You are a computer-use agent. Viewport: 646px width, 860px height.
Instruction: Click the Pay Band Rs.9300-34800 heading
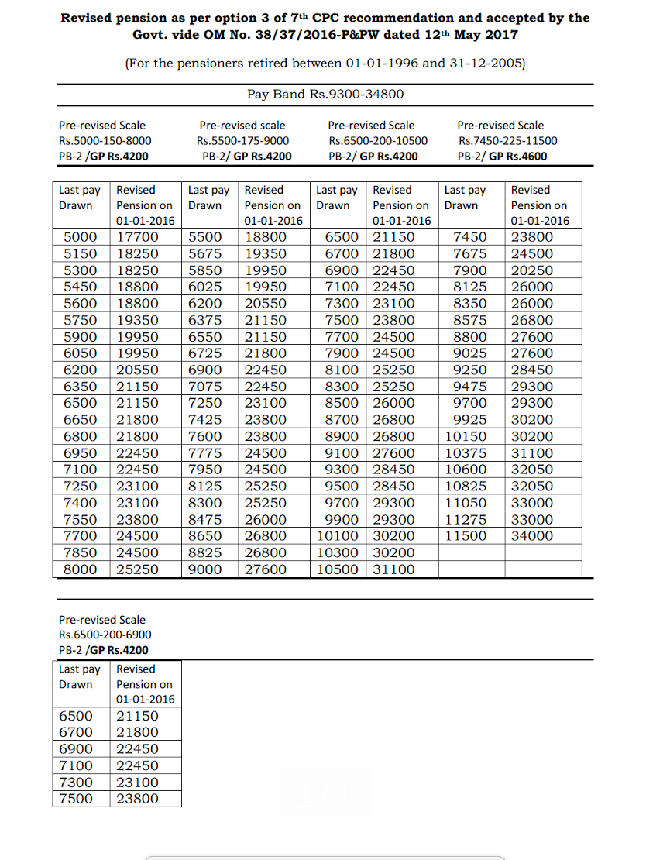pyautogui.click(x=325, y=95)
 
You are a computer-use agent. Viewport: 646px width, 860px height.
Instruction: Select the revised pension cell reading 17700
pyautogui.click(x=138, y=237)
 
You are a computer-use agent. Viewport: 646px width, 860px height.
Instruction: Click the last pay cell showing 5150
pyautogui.click(x=81, y=254)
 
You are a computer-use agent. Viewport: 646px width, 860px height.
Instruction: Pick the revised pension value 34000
pyautogui.click(x=532, y=536)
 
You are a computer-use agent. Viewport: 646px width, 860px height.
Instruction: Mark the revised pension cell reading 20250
pyautogui.click(x=532, y=270)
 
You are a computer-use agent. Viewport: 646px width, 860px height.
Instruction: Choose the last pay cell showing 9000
pyautogui.click(x=205, y=569)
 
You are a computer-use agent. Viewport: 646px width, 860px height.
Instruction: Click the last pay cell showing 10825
pyautogui.click(x=467, y=486)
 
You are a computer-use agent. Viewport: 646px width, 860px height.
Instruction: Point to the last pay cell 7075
pyautogui.click(x=205, y=387)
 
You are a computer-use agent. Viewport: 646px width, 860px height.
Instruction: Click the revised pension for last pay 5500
pyautogui.click(x=266, y=237)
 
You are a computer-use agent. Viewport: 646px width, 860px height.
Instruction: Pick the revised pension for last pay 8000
pyautogui.click(x=138, y=569)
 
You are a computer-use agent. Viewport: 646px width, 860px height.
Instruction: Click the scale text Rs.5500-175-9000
pyautogui.click(x=242, y=140)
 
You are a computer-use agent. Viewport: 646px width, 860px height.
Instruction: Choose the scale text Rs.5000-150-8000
pyautogui.click(x=105, y=140)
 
